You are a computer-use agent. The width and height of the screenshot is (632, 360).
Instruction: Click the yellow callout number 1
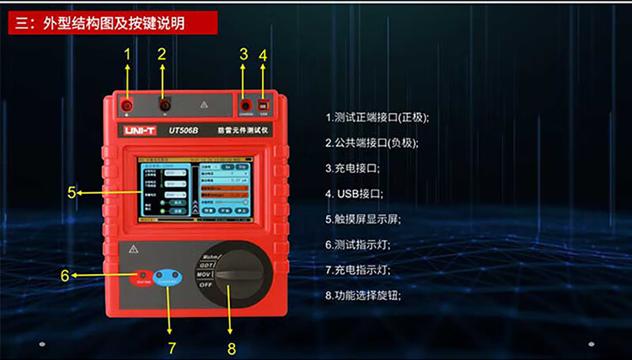tap(127, 56)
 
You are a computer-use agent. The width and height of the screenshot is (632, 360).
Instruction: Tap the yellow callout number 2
tap(162, 56)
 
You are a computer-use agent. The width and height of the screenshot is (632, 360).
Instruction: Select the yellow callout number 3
tap(244, 56)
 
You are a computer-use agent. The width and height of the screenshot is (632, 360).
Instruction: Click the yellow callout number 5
tap(72, 192)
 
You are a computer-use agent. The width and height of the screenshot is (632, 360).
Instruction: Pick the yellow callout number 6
tap(65, 276)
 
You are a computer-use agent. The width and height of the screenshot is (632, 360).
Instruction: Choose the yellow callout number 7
tap(172, 346)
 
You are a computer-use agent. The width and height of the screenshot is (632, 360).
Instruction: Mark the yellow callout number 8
tap(232, 347)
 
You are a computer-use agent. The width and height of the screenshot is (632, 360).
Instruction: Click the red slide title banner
tap(108, 23)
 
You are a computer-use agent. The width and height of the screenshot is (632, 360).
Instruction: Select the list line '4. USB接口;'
tap(354, 194)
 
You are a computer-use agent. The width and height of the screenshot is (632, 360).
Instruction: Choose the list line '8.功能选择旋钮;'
tap(364, 295)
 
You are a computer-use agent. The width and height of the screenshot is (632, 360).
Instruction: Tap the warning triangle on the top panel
tap(203, 106)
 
